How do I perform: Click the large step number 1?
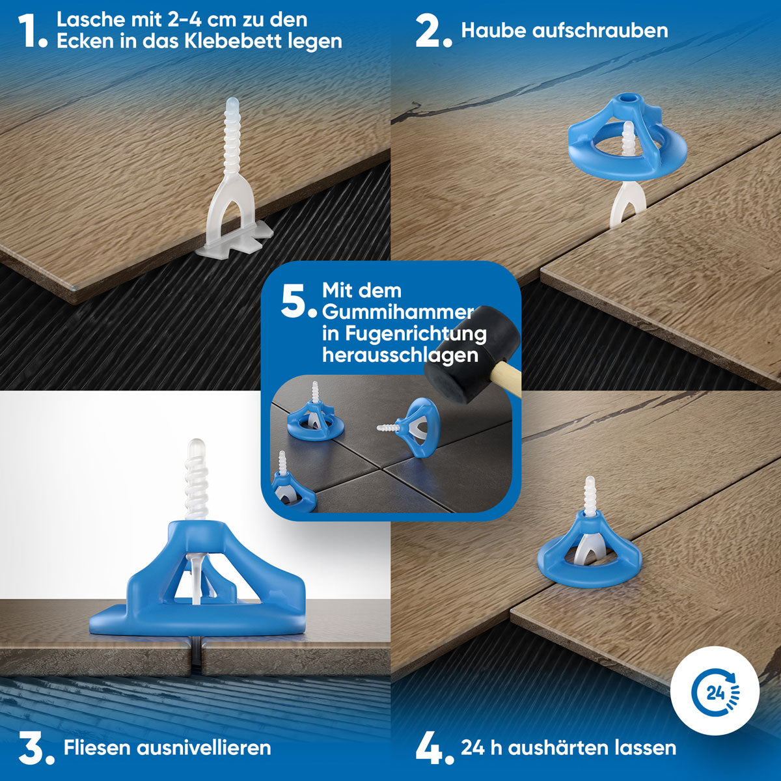pyautogui.click(x=29, y=31)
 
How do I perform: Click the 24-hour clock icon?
pyautogui.click(x=715, y=691)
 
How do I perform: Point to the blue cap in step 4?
pyautogui.click(x=589, y=553)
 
